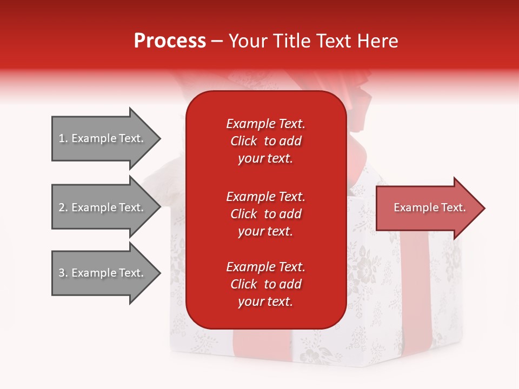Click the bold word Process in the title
tap(170, 41)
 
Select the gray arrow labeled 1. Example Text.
tap(103, 138)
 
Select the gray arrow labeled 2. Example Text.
tap(103, 207)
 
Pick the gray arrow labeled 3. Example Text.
tap(103, 273)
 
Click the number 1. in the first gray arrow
tap(63, 138)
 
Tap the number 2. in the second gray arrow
tap(63, 207)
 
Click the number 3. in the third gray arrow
tap(63, 273)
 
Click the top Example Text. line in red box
tap(265, 124)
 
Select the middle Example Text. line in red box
tap(265, 196)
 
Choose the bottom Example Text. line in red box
tap(265, 267)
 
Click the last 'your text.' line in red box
tap(265, 301)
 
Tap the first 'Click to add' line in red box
tap(265, 141)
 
